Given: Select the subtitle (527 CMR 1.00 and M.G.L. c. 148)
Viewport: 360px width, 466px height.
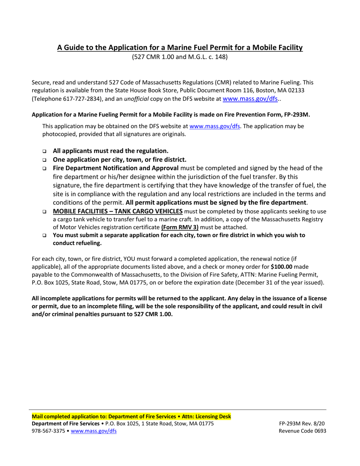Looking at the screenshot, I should pyautogui.click(x=180, y=58).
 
